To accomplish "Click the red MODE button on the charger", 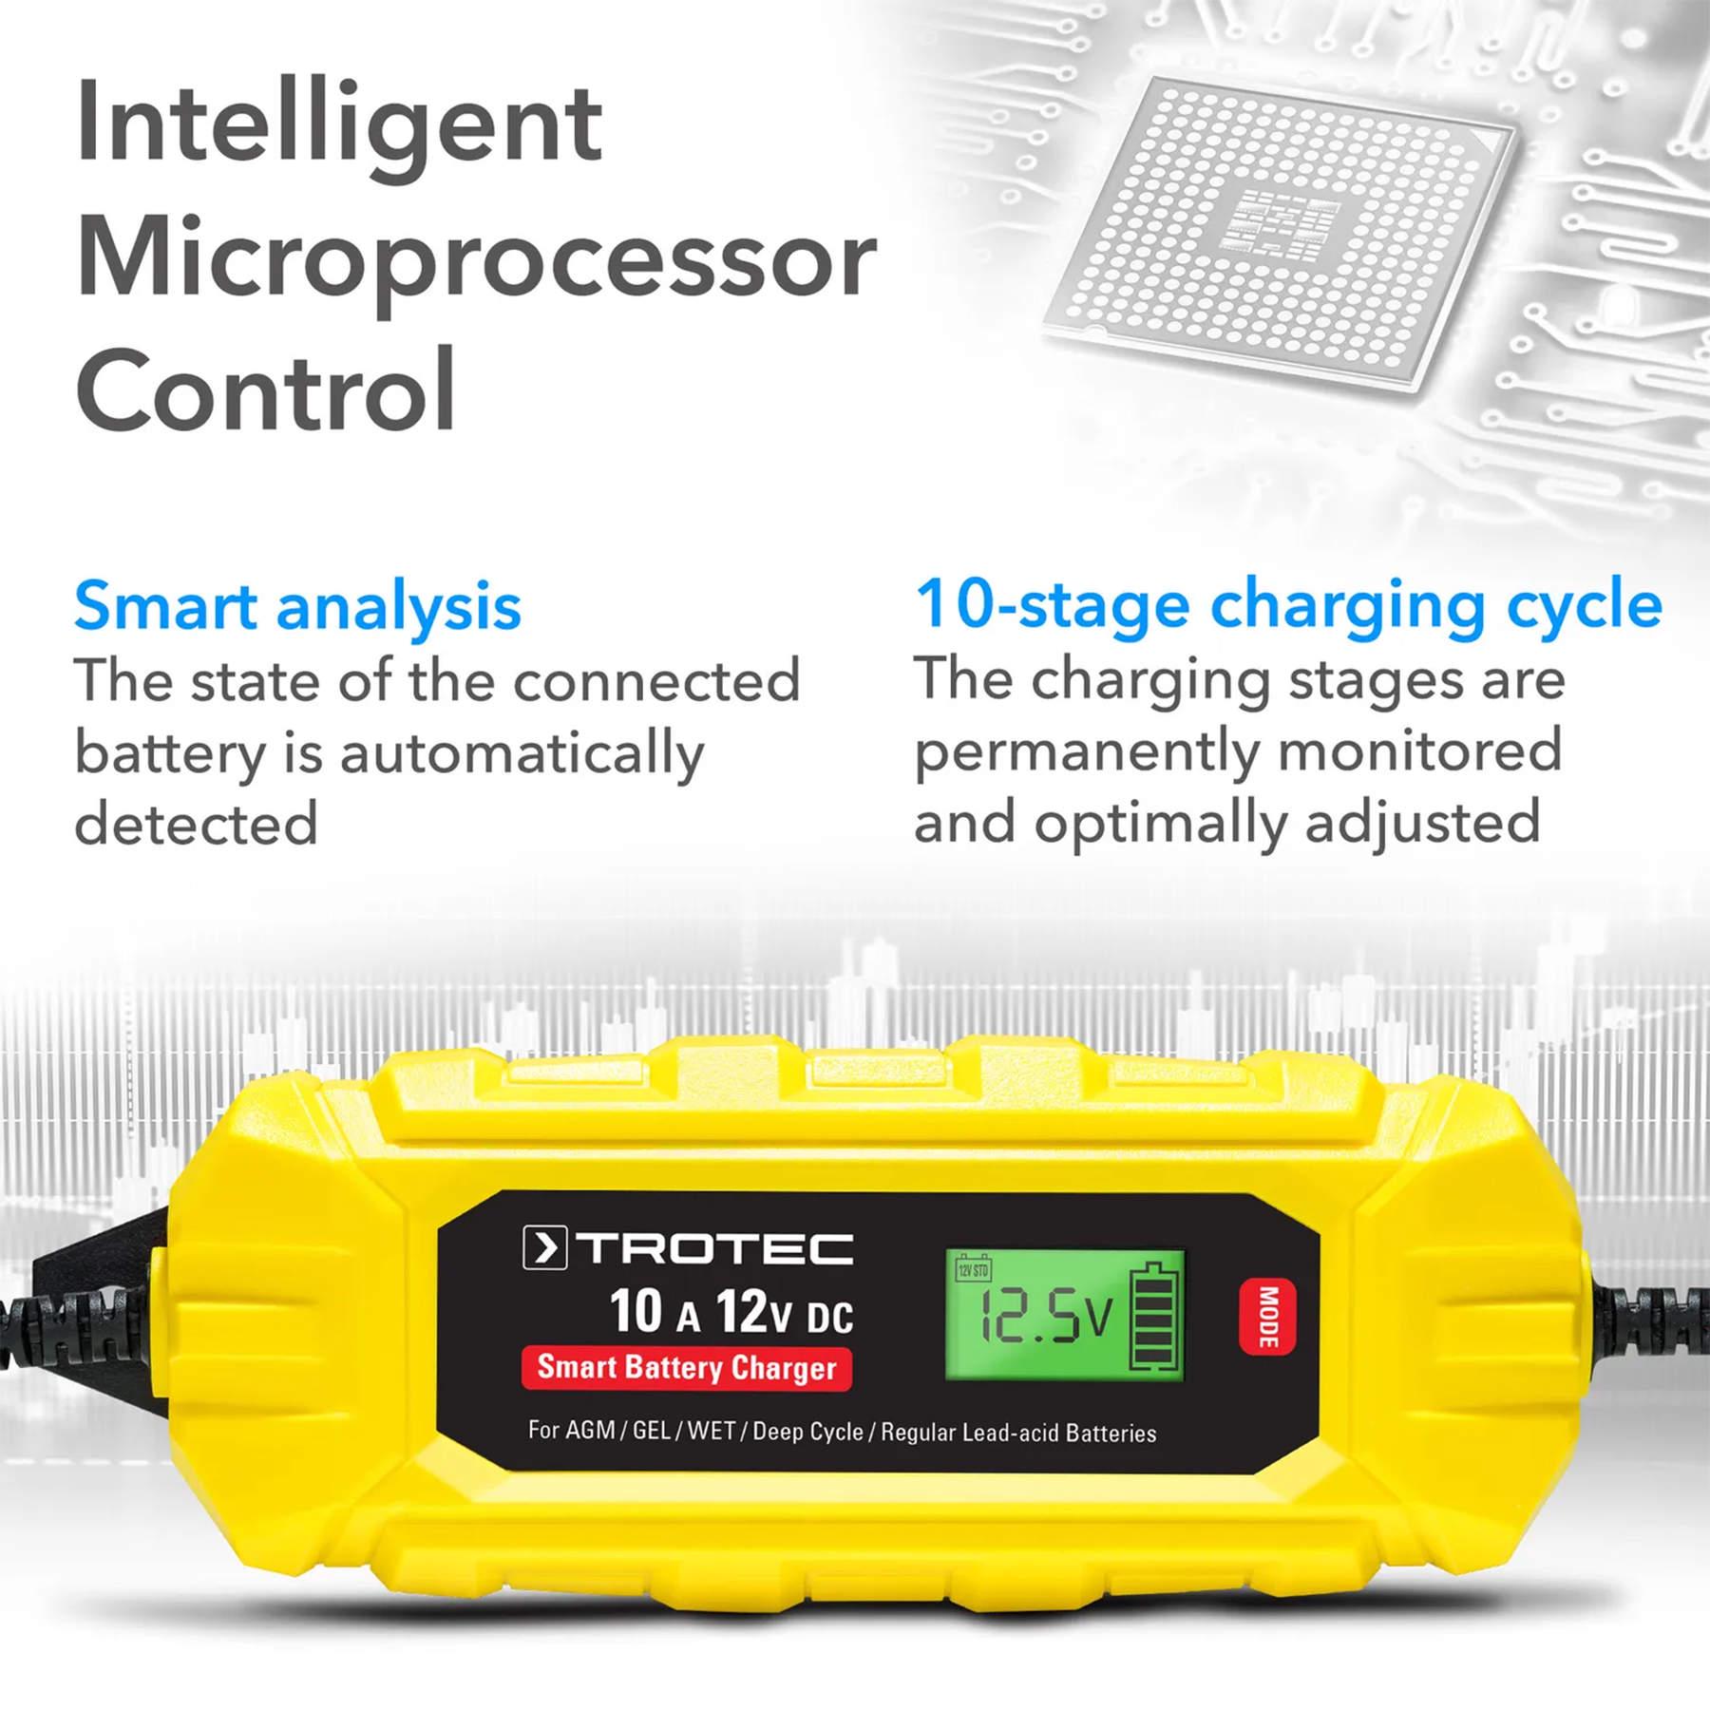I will coord(1267,1317).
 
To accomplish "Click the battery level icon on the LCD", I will coord(1154,1316).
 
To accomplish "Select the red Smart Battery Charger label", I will coord(686,1368).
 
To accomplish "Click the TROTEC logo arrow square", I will coord(544,1248).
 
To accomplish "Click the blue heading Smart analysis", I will coord(297,606).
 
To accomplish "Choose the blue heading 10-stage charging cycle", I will coord(1287,604).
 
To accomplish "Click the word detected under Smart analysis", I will coord(196,824).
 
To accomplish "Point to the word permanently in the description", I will coord(1083,751).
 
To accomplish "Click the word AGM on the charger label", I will coord(590,1431).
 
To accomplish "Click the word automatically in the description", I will coord(522,753).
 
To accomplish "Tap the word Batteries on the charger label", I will coord(1111,1434).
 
